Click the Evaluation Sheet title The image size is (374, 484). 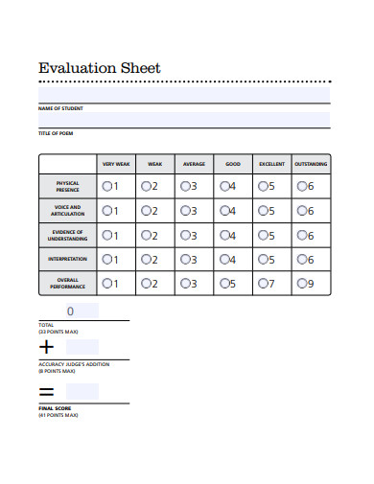click(x=99, y=68)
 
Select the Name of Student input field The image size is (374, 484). click(x=184, y=119)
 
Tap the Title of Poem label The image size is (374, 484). click(x=56, y=132)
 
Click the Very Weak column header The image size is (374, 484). click(x=115, y=164)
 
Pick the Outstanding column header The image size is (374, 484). click(x=310, y=164)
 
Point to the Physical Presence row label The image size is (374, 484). click(x=67, y=186)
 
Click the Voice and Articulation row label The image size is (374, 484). click(x=67, y=210)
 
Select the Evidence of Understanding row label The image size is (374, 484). click(x=67, y=235)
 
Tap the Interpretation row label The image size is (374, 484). click(x=67, y=259)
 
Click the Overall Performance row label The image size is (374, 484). click(x=67, y=283)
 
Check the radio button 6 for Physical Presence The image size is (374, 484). click(x=301, y=186)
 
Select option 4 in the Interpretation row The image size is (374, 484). click(x=222, y=259)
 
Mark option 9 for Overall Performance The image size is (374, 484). click(x=301, y=283)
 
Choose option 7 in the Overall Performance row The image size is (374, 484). click(x=262, y=283)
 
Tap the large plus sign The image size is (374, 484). click(x=47, y=347)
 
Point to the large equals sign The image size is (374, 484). click(x=46, y=392)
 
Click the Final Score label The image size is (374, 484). click(x=55, y=408)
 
